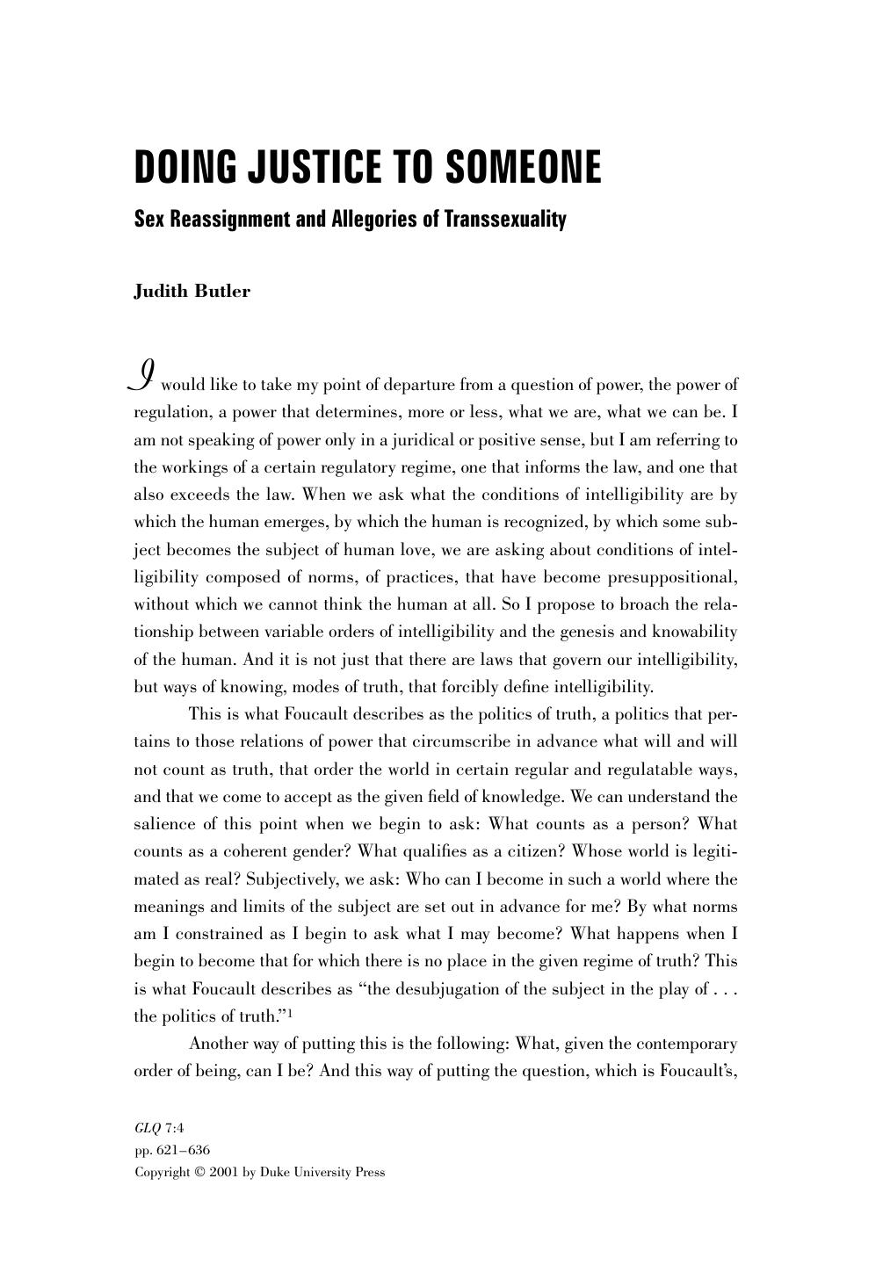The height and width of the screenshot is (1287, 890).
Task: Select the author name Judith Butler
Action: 192,292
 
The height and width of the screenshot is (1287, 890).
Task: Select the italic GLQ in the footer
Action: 147,1128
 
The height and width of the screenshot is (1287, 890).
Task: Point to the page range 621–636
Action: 181,1150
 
